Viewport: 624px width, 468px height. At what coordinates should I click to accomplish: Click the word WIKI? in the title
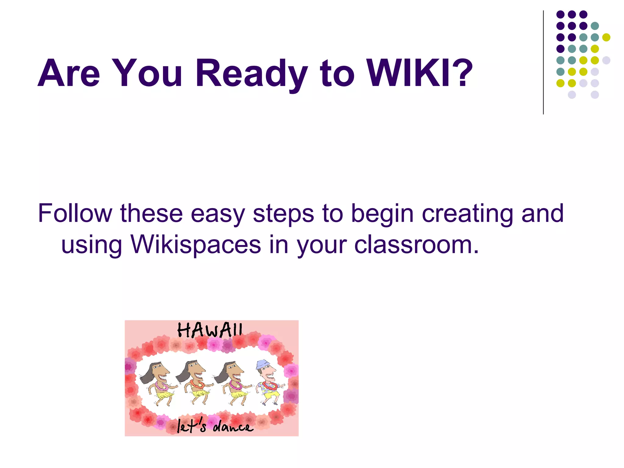pos(419,73)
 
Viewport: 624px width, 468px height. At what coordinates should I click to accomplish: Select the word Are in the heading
pos(69,73)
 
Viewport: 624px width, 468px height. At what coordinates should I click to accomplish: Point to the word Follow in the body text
pos(75,213)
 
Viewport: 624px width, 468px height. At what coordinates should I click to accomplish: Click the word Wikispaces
pos(196,244)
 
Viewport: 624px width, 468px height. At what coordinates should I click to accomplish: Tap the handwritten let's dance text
pos(215,426)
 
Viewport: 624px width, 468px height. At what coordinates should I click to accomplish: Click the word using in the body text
pos(92,245)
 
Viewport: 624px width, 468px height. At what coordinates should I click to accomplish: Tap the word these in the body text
pos(151,213)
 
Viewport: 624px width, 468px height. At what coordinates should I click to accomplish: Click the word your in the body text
pos(322,245)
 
